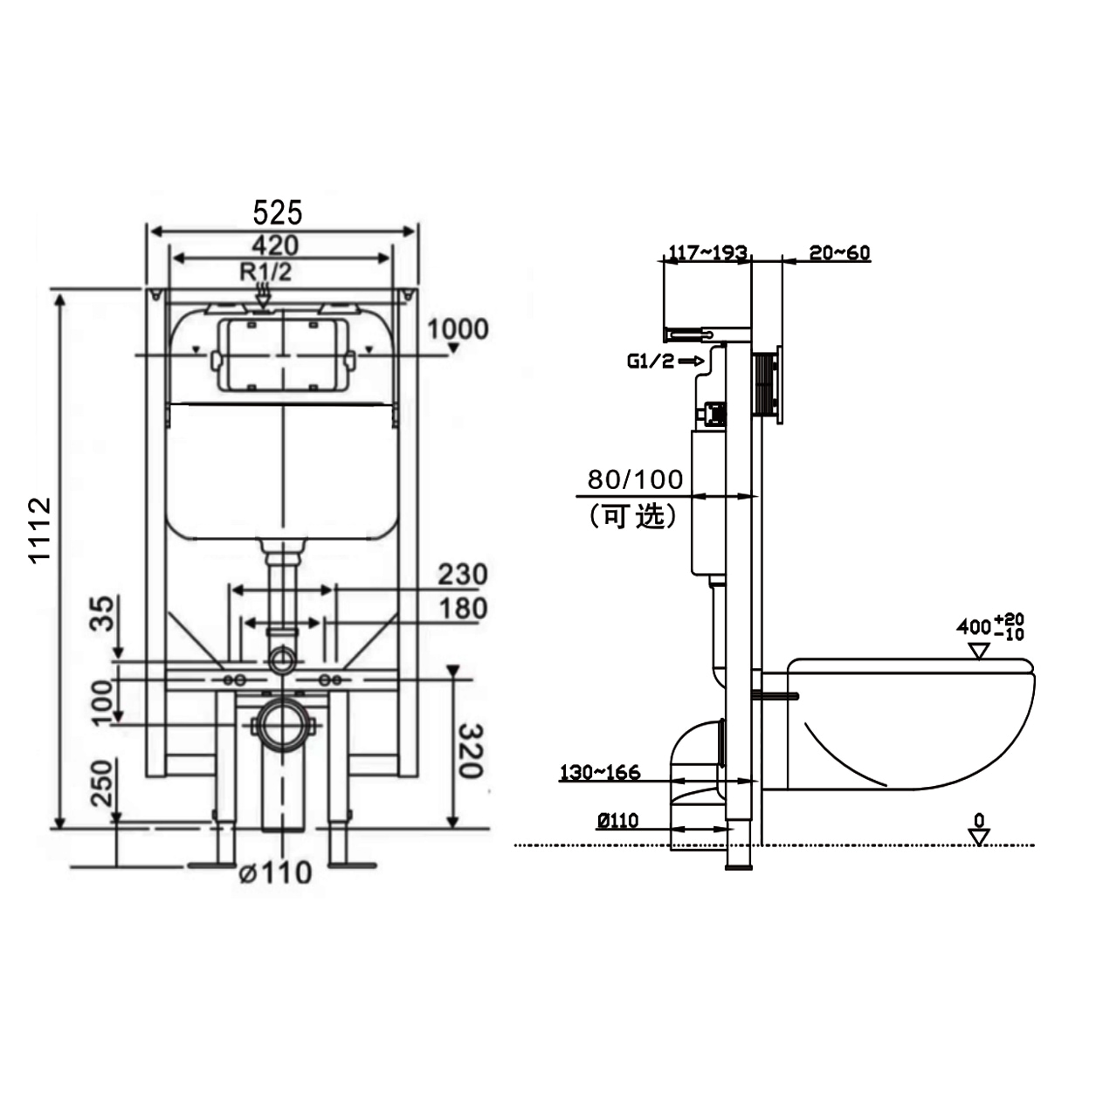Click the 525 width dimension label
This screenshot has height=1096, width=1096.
tap(278, 212)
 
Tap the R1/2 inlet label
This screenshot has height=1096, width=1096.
tap(265, 272)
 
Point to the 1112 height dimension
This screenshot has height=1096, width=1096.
tap(39, 530)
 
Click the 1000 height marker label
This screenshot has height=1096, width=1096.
tap(457, 329)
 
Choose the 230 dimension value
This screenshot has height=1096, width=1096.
tap(462, 575)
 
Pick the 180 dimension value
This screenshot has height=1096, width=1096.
tap(462, 608)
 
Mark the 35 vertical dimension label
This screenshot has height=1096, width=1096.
tap(102, 613)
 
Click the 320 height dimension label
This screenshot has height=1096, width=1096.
tap(470, 750)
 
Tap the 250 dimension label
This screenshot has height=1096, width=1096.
tap(102, 783)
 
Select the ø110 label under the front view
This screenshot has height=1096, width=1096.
tap(276, 872)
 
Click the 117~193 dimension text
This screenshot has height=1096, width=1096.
tap(707, 253)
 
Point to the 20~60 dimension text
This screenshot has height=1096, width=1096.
tap(839, 253)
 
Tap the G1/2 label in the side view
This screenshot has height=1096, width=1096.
tap(651, 362)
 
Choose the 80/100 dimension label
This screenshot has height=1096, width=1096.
tap(635, 479)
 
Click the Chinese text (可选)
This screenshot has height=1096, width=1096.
tap(634, 516)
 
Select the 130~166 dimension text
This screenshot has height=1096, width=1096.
tap(600, 772)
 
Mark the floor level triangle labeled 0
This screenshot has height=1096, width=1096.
tap(979, 836)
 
